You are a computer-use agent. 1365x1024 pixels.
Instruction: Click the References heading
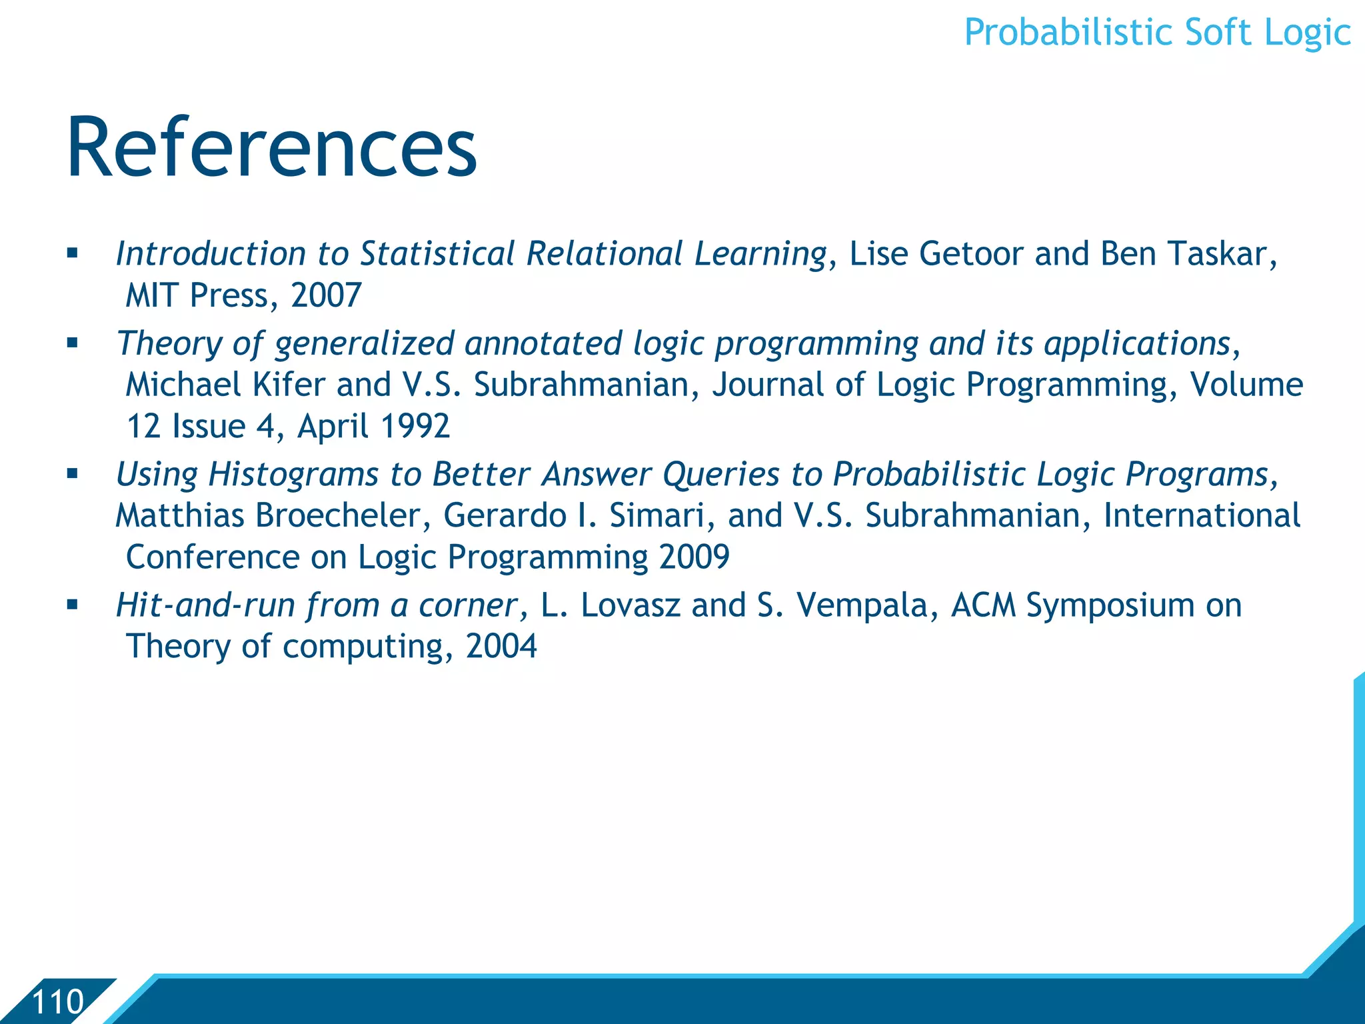tap(272, 148)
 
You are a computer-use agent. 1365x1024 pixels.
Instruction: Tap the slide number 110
tap(58, 1002)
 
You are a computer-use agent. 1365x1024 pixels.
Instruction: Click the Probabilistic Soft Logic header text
tap(1157, 33)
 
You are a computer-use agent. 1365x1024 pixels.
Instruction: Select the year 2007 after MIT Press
tap(326, 295)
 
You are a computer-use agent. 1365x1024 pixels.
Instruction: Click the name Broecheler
tap(338, 516)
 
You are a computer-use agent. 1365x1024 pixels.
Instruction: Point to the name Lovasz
tap(630, 605)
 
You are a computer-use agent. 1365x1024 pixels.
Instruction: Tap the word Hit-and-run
tap(205, 605)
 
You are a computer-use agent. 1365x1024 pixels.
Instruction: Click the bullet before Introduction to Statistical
tap(73, 254)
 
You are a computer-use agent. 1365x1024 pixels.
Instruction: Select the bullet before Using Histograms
tap(73, 475)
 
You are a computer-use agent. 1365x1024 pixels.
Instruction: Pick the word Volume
tap(1246, 385)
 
